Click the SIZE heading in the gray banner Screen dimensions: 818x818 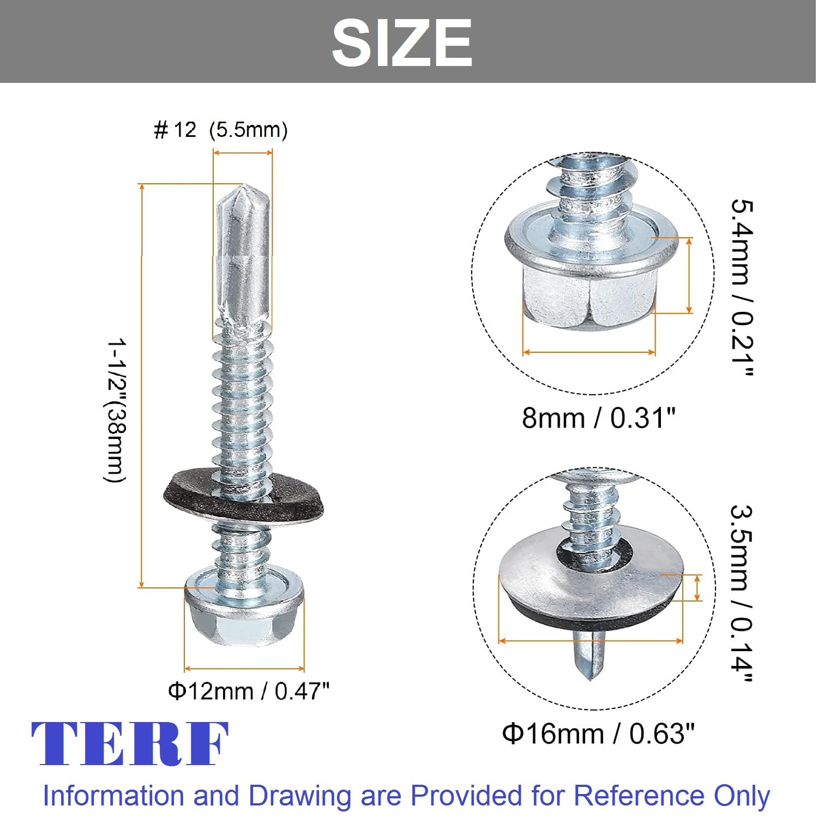(x=402, y=43)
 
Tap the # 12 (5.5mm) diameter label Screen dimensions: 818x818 (x=221, y=130)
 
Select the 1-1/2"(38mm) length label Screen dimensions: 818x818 (x=116, y=410)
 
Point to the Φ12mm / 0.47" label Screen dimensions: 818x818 (x=249, y=691)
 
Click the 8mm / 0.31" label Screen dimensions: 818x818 (x=599, y=418)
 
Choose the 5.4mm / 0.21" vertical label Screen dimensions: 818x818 (x=742, y=288)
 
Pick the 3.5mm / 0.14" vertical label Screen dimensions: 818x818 (x=742, y=593)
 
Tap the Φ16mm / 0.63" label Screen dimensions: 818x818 (x=599, y=733)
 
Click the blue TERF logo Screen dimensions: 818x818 (x=130, y=743)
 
